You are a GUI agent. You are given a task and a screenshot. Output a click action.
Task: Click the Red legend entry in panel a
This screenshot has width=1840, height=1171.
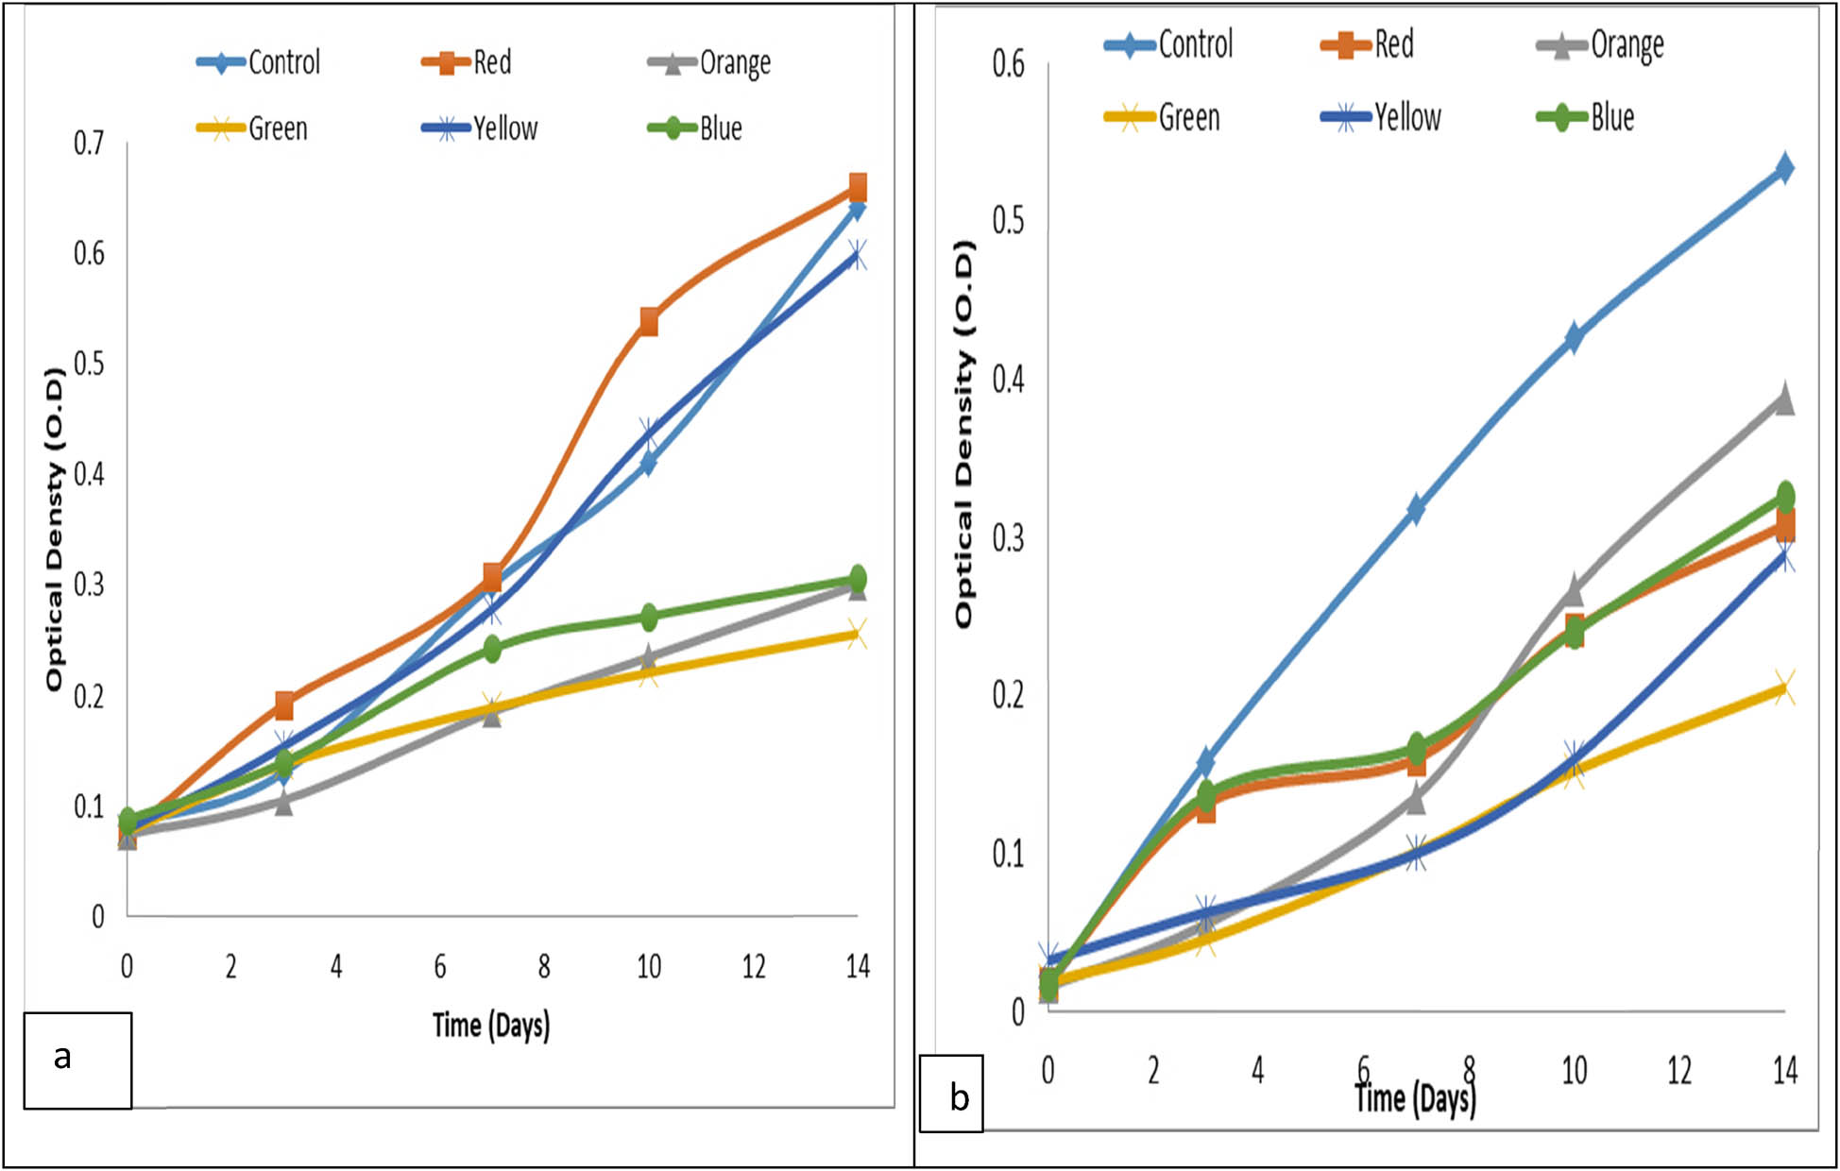[469, 63]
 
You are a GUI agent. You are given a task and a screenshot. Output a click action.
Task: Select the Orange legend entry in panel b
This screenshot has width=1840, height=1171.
[1602, 44]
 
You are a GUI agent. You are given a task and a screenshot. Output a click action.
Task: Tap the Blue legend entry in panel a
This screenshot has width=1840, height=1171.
[696, 128]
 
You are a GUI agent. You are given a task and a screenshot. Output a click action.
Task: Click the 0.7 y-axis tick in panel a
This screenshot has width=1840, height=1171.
[89, 144]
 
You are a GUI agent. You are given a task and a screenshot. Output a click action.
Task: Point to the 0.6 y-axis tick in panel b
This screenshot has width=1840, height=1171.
[1008, 64]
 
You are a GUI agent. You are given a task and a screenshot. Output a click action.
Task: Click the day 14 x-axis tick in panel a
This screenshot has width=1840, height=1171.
[857, 966]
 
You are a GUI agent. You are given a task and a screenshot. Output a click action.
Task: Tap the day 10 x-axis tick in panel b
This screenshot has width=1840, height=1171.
[1574, 1070]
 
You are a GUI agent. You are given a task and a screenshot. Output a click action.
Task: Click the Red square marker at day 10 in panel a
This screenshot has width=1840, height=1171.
[649, 322]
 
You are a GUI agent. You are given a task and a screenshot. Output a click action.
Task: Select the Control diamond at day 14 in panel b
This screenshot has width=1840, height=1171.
[1784, 169]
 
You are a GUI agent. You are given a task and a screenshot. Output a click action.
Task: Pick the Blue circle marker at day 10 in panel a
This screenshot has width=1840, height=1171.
[649, 618]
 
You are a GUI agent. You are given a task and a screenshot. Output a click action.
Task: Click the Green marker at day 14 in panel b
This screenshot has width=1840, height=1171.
[1783, 687]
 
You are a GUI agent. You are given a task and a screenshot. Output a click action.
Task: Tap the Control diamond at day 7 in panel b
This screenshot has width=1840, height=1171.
[1416, 509]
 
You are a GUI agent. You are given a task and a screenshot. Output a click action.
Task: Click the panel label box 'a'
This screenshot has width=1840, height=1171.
[77, 1060]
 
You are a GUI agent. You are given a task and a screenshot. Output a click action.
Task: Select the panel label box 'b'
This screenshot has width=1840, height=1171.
[951, 1094]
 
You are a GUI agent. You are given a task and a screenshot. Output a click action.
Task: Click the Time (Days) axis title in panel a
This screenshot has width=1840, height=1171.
[490, 1026]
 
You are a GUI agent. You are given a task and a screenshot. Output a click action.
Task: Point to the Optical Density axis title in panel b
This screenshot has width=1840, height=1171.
[963, 434]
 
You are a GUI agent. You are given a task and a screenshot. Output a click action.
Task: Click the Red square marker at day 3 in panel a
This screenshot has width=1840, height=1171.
[284, 704]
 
